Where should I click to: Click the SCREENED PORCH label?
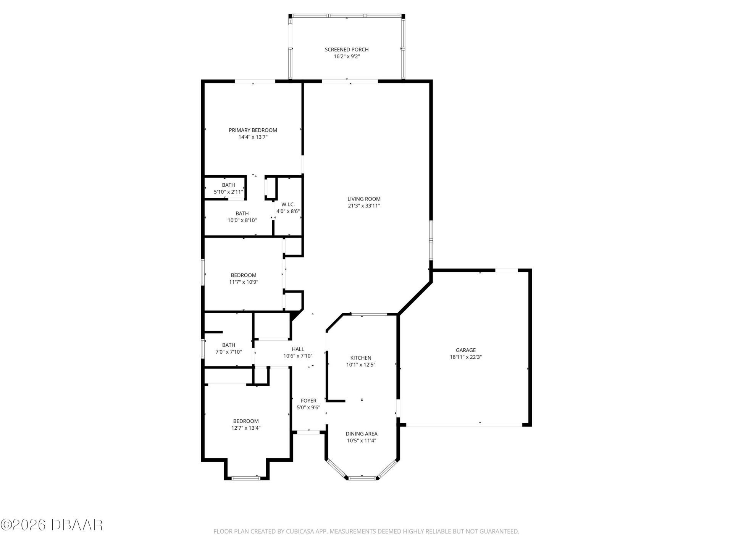coord(346,49)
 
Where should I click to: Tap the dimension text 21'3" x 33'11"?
coord(364,206)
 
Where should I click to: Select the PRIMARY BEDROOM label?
coord(253,130)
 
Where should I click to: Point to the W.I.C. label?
coord(288,204)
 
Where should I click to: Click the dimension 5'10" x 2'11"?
coord(228,192)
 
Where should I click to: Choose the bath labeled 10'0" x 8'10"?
coord(242,217)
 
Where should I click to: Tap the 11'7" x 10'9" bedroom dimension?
coord(244,282)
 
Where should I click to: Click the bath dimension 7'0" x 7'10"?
coord(229,352)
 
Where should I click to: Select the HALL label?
coord(298,349)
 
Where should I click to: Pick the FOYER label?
coord(308,401)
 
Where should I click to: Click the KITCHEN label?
coord(361,358)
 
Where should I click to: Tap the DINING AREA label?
coord(362,434)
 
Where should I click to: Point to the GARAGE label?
coord(465,350)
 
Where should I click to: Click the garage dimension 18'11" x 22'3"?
coord(465,357)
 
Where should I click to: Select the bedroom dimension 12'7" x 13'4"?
coord(246,428)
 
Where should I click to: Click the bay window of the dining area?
coord(362,478)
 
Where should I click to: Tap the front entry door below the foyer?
coord(308,432)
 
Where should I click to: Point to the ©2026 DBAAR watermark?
coord(52,525)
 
